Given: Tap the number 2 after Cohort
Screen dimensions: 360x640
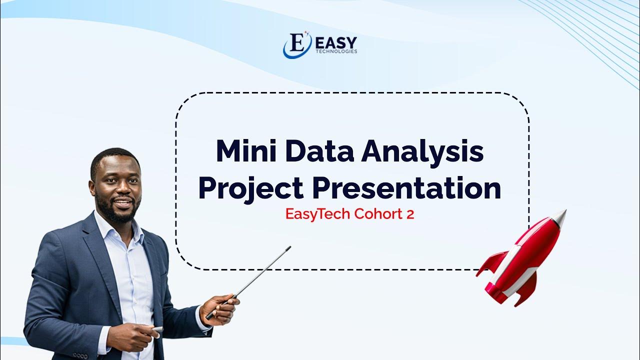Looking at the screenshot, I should [410, 214].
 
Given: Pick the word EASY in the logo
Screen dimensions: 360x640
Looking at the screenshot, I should [336, 42].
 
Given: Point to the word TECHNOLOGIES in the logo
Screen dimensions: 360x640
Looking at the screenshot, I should [336, 51].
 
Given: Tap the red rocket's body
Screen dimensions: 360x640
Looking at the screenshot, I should [525, 255].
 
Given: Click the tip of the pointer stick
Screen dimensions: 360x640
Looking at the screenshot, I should [289, 247].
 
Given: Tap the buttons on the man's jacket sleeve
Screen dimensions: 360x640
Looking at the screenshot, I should [80, 355].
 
